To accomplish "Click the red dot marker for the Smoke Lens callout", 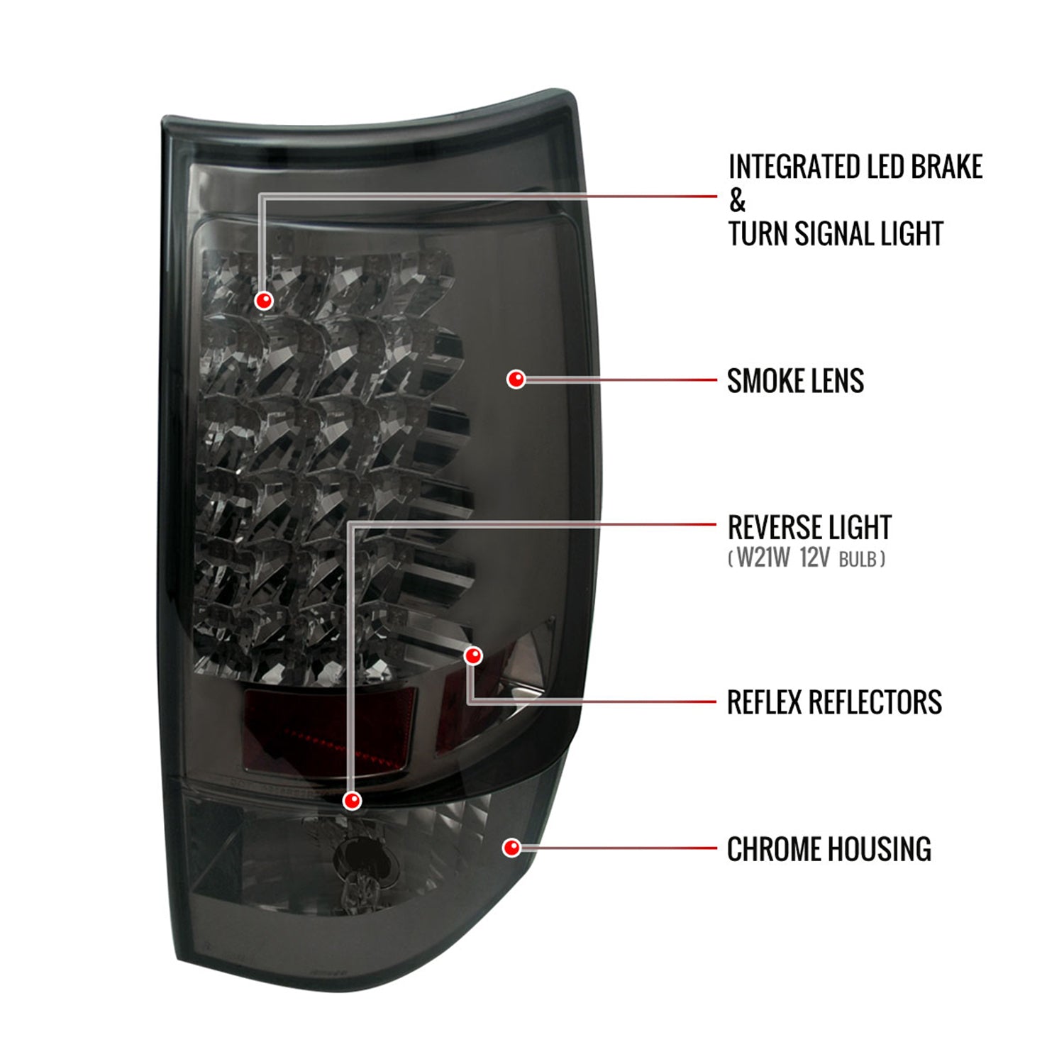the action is (516, 379).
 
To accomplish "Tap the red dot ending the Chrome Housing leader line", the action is (511, 848).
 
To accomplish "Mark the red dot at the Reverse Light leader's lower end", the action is (352, 801).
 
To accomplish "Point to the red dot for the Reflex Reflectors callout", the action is (473, 656).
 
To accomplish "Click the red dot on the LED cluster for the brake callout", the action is (264, 301).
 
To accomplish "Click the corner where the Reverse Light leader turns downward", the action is (350, 525).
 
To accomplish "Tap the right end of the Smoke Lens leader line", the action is (716, 379).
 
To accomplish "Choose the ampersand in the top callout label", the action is (737, 201).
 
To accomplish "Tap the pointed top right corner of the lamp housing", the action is (567, 92).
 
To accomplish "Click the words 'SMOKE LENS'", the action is (796, 381).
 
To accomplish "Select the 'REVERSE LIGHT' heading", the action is (809, 528).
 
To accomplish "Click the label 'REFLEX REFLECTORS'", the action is (835, 702).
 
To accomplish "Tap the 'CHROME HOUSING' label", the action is (829, 849).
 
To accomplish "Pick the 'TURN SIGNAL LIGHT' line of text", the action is (836, 234).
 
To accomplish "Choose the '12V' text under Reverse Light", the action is (814, 558).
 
